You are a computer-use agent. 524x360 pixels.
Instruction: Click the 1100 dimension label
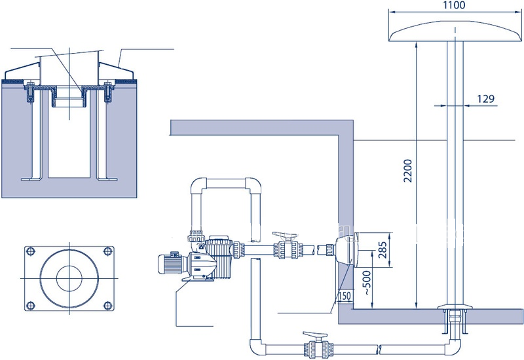click(453, 6)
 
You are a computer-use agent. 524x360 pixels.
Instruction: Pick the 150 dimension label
click(346, 297)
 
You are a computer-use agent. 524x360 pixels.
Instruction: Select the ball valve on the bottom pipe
click(315, 344)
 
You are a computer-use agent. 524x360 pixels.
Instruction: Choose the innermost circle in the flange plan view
click(68, 278)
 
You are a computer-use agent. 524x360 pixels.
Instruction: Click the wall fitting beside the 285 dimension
click(345, 252)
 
